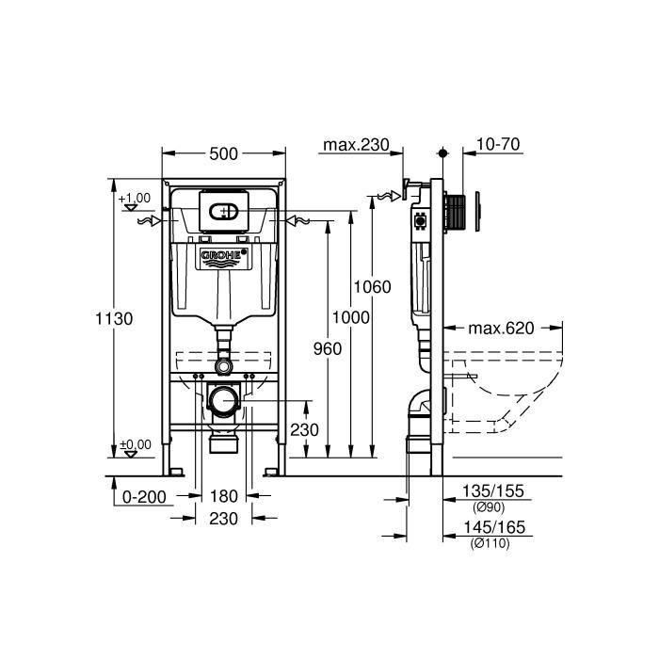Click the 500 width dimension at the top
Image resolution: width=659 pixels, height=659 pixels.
coord(223,153)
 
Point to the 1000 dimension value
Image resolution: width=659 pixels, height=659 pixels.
coord(351,318)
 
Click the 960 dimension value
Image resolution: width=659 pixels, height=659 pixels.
coord(327,347)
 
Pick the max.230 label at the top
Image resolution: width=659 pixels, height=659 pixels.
coord(356,145)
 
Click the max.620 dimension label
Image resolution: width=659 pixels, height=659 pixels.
coord(501,329)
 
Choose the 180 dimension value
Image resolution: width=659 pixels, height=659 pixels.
coord(224,496)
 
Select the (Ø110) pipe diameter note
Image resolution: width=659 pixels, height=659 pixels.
coord(490,544)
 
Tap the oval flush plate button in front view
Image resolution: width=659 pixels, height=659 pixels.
coord(224,212)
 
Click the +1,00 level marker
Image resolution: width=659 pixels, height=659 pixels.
coord(135,198)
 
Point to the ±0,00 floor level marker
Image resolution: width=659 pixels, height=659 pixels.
coord(135,444)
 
